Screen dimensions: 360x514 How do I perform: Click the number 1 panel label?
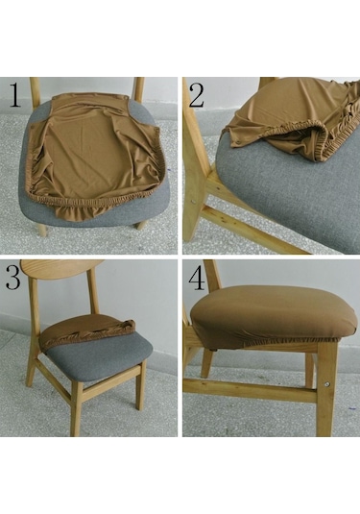pyautogui.click(x=15, y=95)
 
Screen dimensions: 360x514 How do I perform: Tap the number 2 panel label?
pyautogui.click(x=197, y=96)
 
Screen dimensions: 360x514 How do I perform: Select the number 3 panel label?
pyautogui.click(x=13, y=278)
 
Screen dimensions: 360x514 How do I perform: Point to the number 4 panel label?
pyautogui.click(x=197, y=280)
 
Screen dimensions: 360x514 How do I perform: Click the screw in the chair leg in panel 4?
pyautogui.click(x=327, y=383)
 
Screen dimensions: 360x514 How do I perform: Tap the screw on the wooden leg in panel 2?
pyautogui.click(x=193, y=201)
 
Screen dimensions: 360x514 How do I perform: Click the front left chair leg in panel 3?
pyautogui.click(x=76, y=409)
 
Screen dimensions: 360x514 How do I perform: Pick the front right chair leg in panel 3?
pyautogui.click(x=140, y=386)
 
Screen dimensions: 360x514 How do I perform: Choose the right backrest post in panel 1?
pyautogui.click(x=138, y=89)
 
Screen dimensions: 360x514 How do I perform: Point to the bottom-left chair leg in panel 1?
pyautogui.click(x=41, y=230)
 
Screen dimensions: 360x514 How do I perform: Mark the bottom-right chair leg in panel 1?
pyautogui.click(x=141, y=225)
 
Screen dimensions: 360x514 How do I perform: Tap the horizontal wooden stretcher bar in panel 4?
pyautogui.click(x=250, y=389)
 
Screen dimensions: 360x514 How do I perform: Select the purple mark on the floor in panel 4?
pyautogui.click(x=352, y=408)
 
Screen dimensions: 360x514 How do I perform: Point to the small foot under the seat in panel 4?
pyautogui.click(x=215, y=351)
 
